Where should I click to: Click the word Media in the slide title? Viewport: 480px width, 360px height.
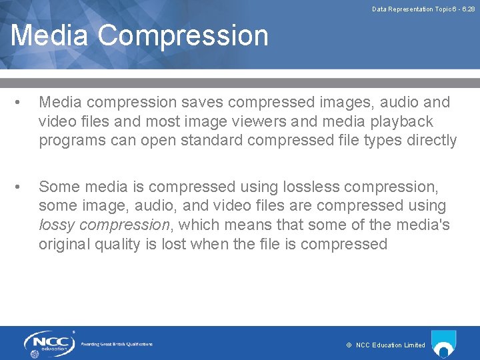49,35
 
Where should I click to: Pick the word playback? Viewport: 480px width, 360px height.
404,122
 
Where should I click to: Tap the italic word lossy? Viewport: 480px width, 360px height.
55,225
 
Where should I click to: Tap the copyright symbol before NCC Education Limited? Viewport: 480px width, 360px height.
349,345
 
